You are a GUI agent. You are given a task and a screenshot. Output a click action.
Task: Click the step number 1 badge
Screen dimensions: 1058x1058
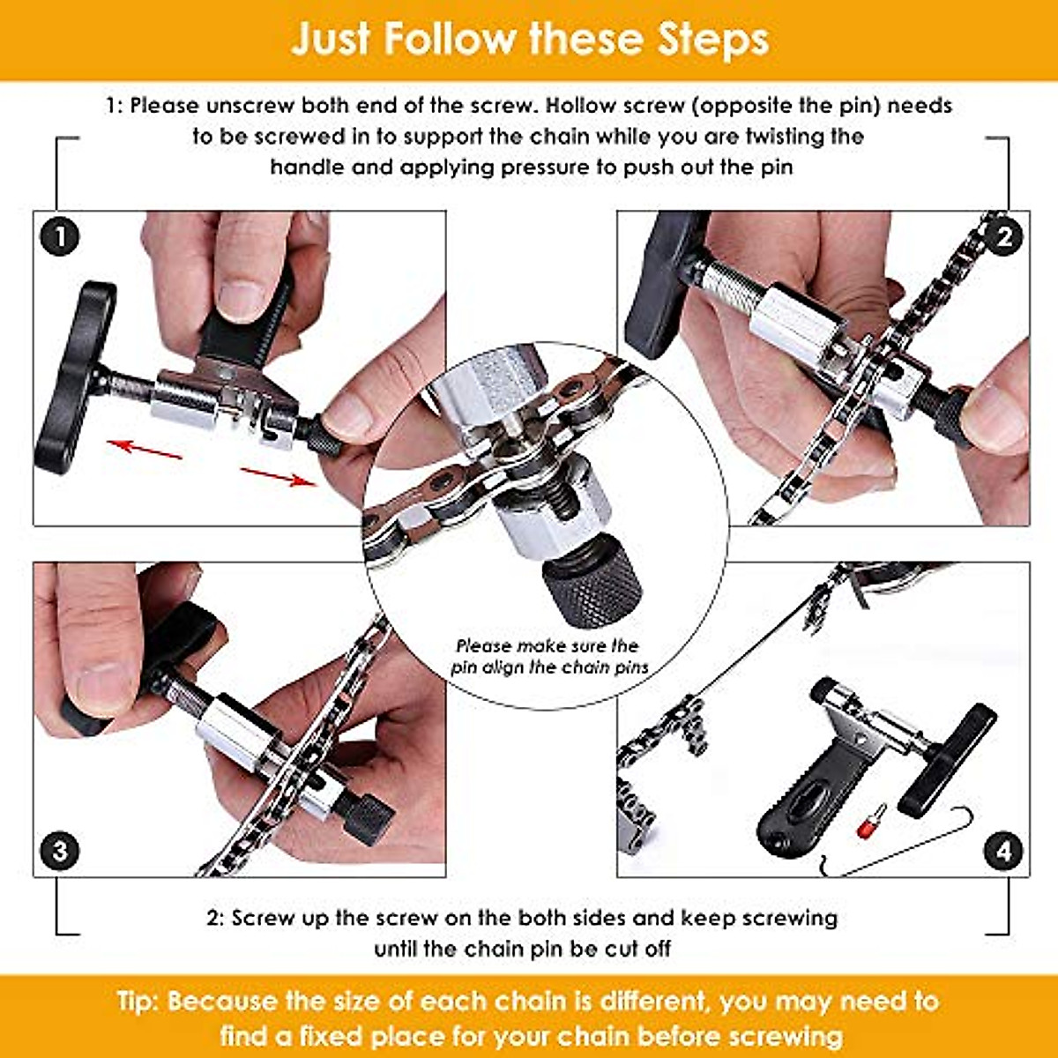(x=60, y=236)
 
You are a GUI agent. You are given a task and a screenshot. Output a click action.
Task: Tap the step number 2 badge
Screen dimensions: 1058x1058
(x=1004, y=236)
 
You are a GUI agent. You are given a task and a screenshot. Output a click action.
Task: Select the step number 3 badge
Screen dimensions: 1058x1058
(x=60, y=851)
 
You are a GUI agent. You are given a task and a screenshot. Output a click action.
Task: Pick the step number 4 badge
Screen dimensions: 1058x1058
(x=1004, y=851)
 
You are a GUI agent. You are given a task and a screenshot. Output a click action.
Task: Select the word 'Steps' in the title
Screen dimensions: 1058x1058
(x=702, y=40)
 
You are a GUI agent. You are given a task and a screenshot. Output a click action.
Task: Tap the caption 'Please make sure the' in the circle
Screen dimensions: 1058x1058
(x=548, y=645)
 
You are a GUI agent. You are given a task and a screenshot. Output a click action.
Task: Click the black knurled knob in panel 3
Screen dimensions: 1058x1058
(x=364, y=818)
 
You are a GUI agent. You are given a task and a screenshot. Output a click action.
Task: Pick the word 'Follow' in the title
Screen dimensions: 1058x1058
(x=449, y=40)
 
